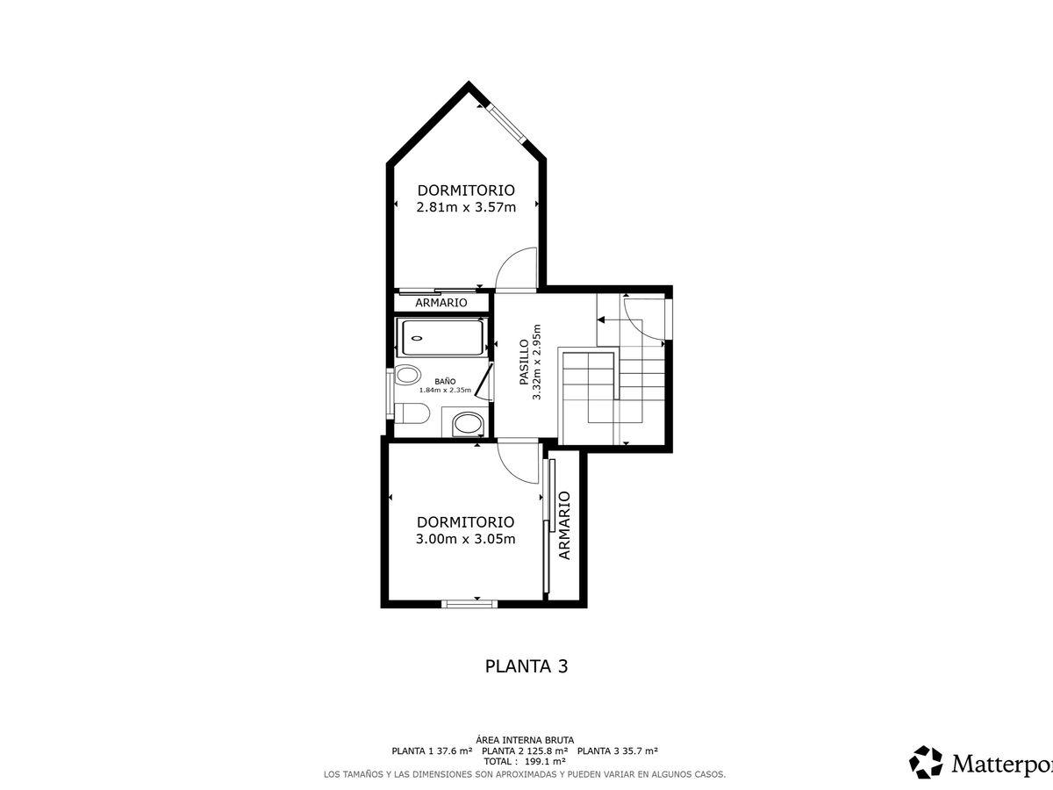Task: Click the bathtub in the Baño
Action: [442, 338]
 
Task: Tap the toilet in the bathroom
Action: [412, 413]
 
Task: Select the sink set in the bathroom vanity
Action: [469, 424]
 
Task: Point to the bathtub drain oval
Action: [417, 338]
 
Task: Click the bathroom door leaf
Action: [484, 380]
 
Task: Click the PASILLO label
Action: [524, 363]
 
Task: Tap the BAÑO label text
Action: [445, 381]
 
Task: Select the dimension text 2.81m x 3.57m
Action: [466, 207]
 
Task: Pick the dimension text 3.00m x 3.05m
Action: [465, 539]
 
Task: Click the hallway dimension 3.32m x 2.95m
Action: [537, 363]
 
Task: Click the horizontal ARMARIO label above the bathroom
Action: [441, 303]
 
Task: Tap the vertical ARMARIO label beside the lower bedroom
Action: [564, 525]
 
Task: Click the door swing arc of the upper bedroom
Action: [510, 262]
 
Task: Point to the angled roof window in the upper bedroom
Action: [506, 123]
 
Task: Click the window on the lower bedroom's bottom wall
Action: [469, 604]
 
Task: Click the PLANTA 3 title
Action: [526, 666]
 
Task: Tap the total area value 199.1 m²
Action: [545, 761]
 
